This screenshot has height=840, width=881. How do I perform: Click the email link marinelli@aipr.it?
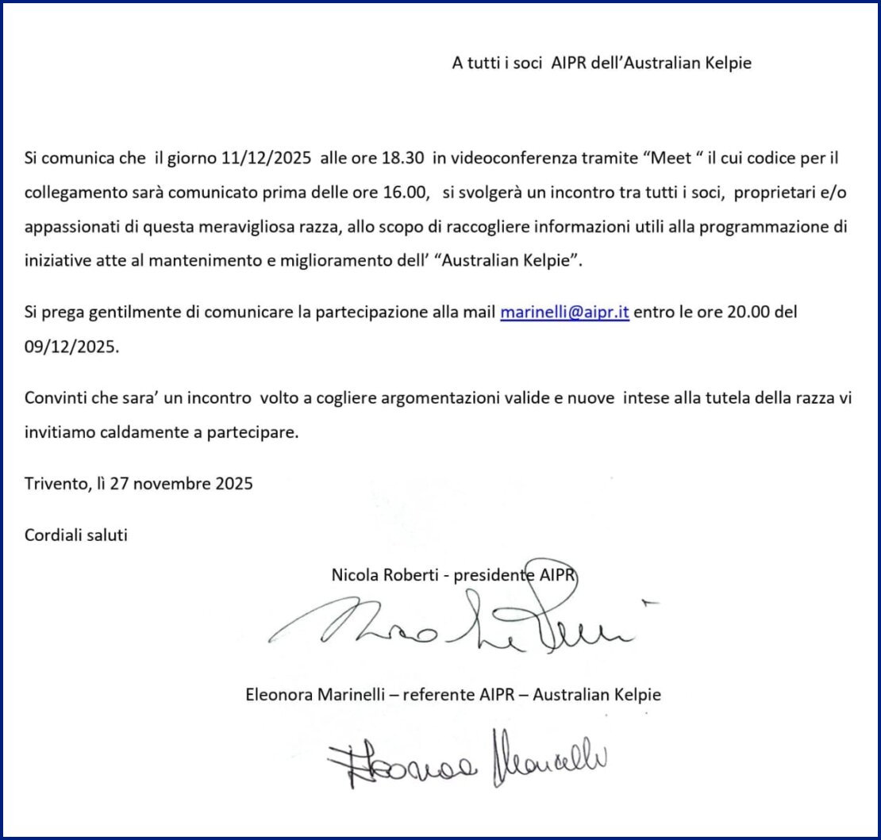coord(564,312)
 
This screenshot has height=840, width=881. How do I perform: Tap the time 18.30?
coord(400,157)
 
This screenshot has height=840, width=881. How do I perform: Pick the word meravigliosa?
coord(256,226)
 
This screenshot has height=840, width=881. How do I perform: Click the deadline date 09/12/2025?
coord(70,347)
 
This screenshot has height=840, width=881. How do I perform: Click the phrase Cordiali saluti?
coord(76,535)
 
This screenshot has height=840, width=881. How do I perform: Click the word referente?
coord(439,694)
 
